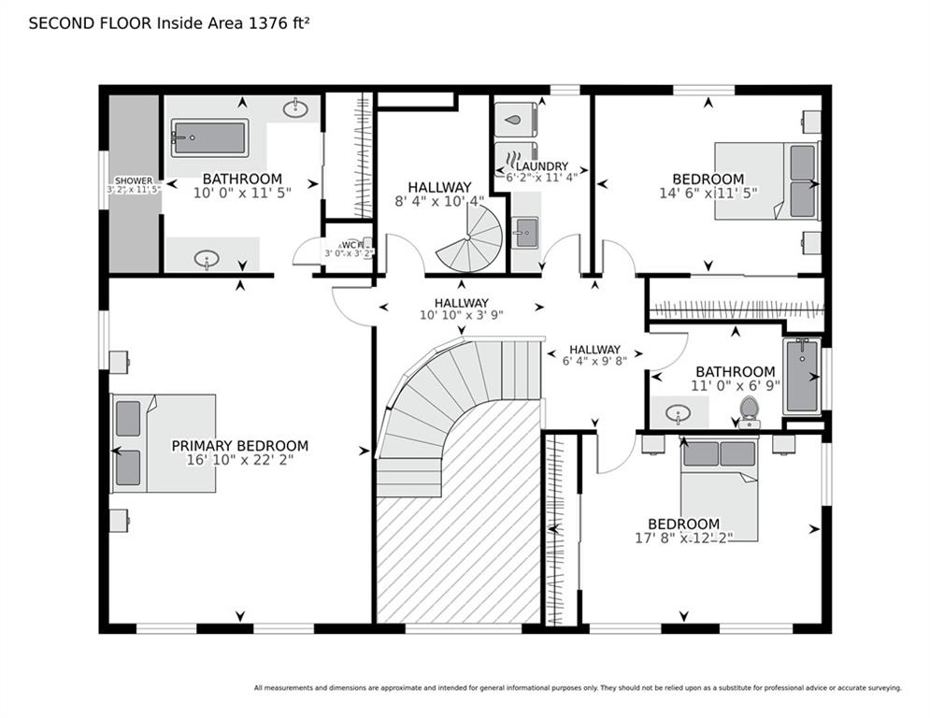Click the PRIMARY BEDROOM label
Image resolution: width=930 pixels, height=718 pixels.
(239, 446)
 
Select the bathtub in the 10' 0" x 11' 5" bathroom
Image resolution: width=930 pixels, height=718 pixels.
(209, 138)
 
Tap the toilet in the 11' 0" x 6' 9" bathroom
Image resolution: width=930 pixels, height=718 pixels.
(748, 411)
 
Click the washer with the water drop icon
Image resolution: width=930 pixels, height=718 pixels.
(515, 120)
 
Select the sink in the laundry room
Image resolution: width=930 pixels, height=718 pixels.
(525, 230)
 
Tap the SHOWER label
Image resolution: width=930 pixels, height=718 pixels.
(134, 180)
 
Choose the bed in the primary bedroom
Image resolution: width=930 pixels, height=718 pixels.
(164, 442)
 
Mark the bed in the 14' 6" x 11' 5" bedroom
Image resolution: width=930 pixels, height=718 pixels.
(766, 180)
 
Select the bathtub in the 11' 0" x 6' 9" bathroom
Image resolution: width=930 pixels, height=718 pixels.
(801, 376)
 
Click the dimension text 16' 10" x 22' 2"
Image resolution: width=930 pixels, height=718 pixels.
(239, 461)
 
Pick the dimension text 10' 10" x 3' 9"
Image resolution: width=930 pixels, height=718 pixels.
(461, 316)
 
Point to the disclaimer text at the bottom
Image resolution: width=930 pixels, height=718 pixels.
(577, 688)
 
